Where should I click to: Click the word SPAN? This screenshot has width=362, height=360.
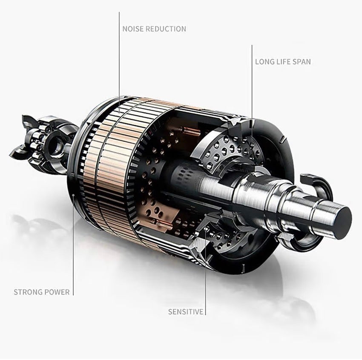pyautogui.click(x=302, y=62)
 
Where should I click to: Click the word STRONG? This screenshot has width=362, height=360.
pyautogui.click(x=28, y=292)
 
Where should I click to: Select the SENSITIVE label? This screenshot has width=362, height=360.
pyautogui.click(x=186, y=312)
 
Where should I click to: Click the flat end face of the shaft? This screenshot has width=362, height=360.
pyautogui.click(x=344, y=223)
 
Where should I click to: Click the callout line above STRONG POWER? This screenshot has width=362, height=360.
pyautogui.click(x=73, y=245)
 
